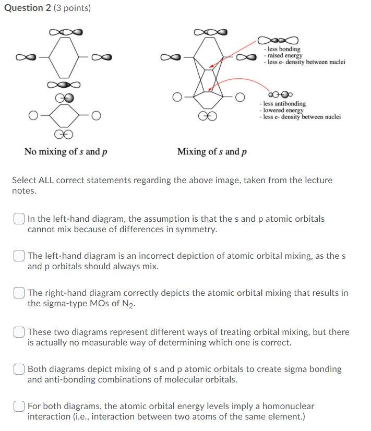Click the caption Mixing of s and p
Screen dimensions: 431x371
(x=212, y=152)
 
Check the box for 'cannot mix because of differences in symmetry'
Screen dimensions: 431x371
(x=19, y=219)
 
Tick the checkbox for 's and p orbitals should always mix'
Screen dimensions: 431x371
(x=19, y=256)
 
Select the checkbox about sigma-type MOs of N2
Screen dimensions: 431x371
(x=19, y=293)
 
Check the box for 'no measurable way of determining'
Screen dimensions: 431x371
(x=19, y=332)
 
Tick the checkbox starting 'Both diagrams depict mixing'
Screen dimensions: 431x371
(x=19, y=369)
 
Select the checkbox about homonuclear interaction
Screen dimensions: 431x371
(x=19, y=406)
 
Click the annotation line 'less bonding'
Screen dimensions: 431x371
(x=284, y=49)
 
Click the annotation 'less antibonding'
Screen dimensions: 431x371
(x=284, y=104)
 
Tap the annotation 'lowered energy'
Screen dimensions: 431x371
(x=283, y=111)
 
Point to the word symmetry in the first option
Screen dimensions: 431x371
(x=198, y=229)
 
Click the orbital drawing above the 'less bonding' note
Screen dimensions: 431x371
(x=278, y=40)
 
